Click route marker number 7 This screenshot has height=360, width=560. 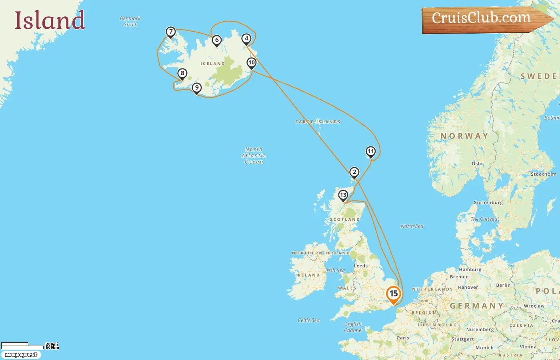171,32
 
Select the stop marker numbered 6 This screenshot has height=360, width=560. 217,40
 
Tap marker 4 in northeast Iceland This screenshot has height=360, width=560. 246,39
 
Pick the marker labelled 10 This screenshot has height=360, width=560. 252,63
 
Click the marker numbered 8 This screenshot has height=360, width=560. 182,74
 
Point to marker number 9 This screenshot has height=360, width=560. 196,88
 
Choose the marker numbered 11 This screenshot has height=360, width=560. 371,152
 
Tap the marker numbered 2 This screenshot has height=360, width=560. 354,172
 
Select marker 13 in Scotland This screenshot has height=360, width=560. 343,195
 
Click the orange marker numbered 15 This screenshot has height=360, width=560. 394,294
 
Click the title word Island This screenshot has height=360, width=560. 50,20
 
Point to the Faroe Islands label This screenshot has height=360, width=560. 318,122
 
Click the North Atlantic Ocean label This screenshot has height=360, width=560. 254,156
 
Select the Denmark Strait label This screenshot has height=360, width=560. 130,22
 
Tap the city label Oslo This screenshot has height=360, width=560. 477,164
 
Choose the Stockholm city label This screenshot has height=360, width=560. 543,174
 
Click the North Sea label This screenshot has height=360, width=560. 412,226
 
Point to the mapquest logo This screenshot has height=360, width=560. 21,355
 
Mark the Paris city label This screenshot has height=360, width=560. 403,338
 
